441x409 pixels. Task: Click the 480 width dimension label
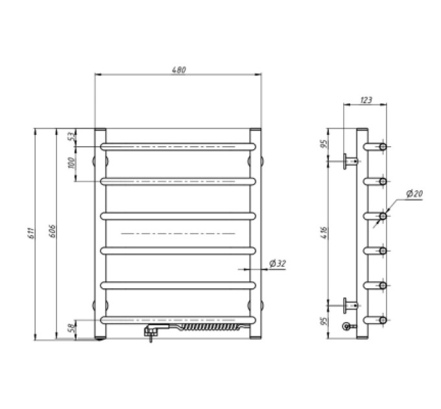(x=179, y=69)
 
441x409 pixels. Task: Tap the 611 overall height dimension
(x=32, y=233)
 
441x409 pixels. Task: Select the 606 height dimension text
(x=53, y=231)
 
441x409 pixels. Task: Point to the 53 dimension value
(x=73, y=136)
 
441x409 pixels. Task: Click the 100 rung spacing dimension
(x=72, y=163)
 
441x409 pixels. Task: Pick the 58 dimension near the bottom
(x=73, y=327)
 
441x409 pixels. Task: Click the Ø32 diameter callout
(x=277, y=264)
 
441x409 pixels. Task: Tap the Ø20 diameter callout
(x=414, y=193)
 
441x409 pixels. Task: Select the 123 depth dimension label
(x=366, y=100)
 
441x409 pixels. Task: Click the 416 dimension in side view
(x=324, y=232)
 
